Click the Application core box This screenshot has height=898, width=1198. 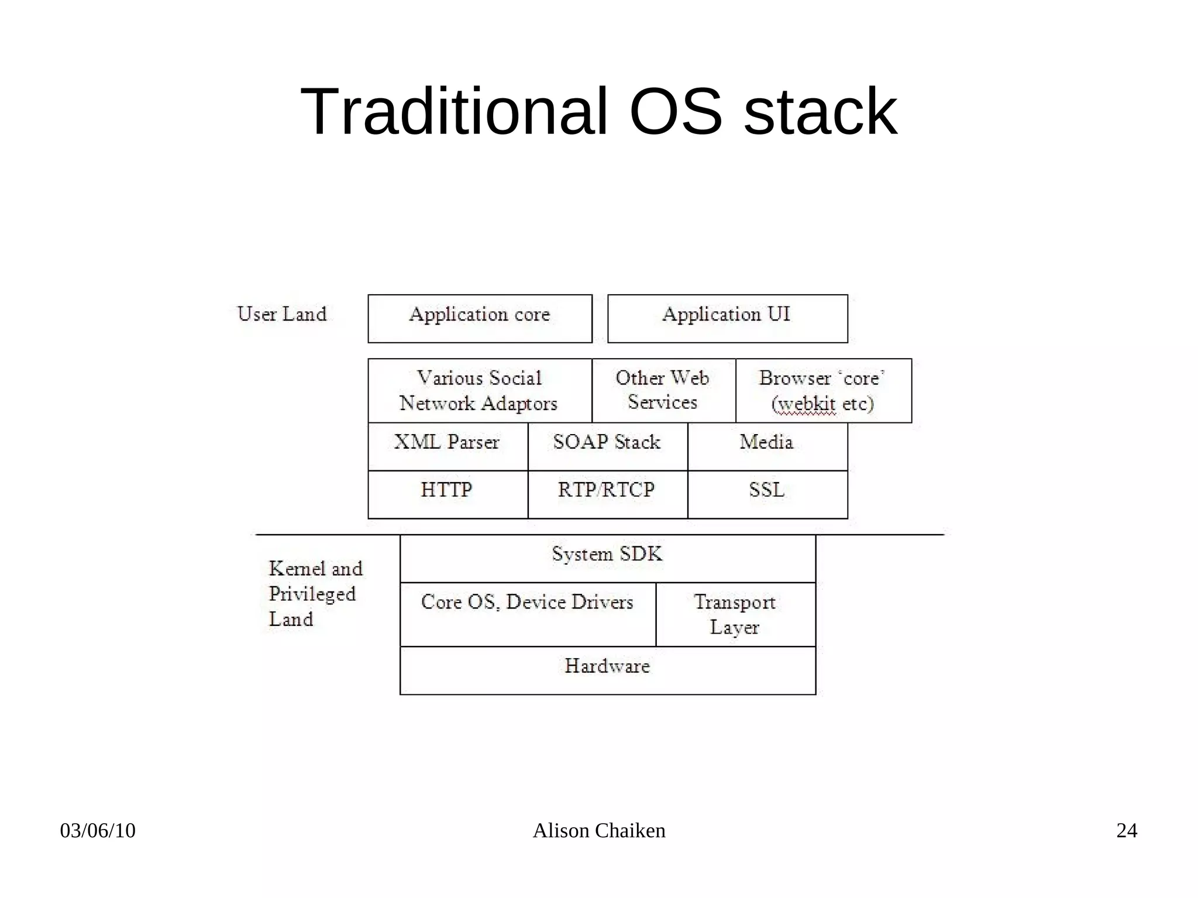click(x=480, y=318)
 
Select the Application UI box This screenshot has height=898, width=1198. click(x=727, y=318)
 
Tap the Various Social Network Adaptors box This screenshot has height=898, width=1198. click(x=480, y=390)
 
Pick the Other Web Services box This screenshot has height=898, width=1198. click(x=663, y=390)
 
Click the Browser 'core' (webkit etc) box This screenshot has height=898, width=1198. click(x=823, y=390)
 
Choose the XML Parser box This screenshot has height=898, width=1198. click(x=447, y=446)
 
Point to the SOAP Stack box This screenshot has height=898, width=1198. click(x=607, y=446)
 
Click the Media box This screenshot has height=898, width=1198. click(x=767, y=446)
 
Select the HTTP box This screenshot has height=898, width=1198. click(x=447, y=494)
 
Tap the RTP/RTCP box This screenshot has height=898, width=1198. click(x=607, y=494)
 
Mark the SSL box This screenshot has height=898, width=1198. click(x=767, y=494)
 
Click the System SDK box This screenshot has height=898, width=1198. click(x=607, y=558)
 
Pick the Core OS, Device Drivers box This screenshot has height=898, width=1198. click(x=528, y=614)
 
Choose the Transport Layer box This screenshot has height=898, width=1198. click(x=735, y=614)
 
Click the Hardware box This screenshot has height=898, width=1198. click(x=607, y=670)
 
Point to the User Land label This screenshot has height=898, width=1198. click(x=282, y=314)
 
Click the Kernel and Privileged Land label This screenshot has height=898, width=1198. click(x=315, y=593)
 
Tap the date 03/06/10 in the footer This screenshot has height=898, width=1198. click(x=98, y=831)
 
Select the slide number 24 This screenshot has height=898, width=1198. click(x=1127, y=831)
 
